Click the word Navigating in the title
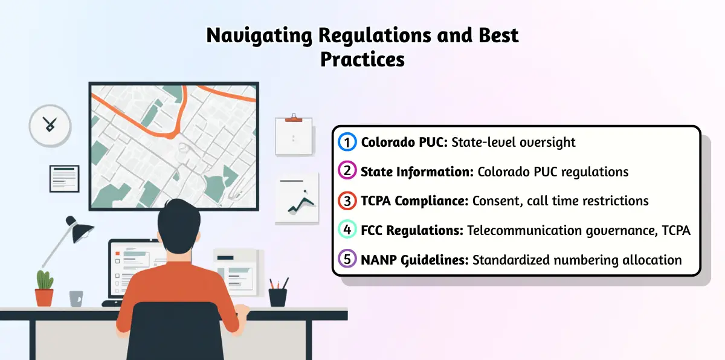pyautogui.click(x=259, y=36)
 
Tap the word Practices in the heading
pyautogui.click(x=362, y=60)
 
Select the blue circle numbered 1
pyautogui.click(x=347, y=142)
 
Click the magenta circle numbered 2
pyautogui.click(x=347, y=170)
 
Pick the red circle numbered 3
pyautogui.click(x=347, y=201)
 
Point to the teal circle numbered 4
pyautogui.click(x=347, y=230)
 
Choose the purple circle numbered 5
pyautogui.click(x=347, y=259)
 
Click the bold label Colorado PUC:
pyautogui.click(x=404, y=143)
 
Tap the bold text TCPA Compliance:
pyautogui.click(x=414, y=201)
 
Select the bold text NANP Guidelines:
pyautogui.click(x=414, y=260)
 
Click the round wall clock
pyautogui.click(x=50, y=126)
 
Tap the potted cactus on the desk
pyautogui.click(x=44, y=288)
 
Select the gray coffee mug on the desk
pyautogui.click(x=76, y=298)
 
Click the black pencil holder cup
pyautogui.click(x=278, y=298)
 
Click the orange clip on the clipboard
pyautogui.click(x=294, y=120)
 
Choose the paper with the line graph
pyautogui.click(x=297, y=198)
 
